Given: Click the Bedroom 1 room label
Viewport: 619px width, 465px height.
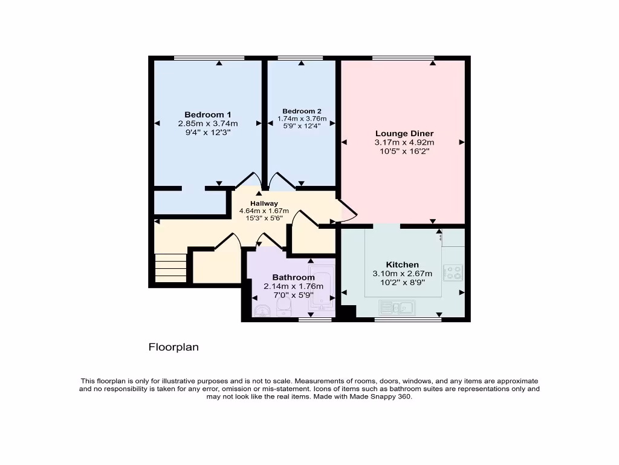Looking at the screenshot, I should [207, 114].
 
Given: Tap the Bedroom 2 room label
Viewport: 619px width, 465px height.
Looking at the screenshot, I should [302, 111].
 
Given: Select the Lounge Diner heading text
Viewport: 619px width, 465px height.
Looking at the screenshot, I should [404, 134].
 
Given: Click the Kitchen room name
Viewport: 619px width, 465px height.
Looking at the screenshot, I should [403, 265].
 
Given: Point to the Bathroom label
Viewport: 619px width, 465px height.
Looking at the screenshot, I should [293, 277].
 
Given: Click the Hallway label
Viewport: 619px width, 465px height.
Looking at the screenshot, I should [264, 203].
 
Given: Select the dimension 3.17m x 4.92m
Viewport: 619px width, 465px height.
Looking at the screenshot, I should [404, 143].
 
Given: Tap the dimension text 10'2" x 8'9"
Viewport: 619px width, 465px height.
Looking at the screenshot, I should [403, 282].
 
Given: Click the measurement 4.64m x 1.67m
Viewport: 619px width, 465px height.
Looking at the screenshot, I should [264, 211].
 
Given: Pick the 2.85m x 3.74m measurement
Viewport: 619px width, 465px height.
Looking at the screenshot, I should [207, 123].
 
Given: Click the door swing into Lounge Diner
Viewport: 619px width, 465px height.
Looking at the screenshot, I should [348, 210].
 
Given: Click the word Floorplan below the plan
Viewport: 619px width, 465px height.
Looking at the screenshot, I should [173, 348].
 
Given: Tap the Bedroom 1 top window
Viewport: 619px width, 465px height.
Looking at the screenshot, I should [209, 58].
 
